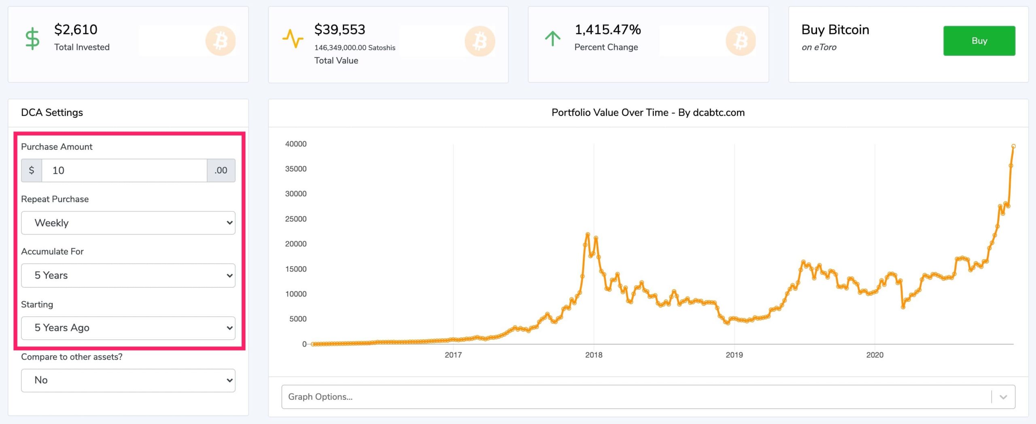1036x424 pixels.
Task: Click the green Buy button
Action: click(x=979, y=41)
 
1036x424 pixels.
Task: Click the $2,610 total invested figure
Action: click(x=76, y=30)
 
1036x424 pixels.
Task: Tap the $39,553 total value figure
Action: click(x=340, y=30)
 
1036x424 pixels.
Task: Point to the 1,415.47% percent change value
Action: click(x=607, y=30)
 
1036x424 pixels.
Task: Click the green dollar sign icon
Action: click(x=32, y=39)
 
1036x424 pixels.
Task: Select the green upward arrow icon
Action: click(x=552, y=39)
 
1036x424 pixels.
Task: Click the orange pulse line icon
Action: click(x=293, y=39)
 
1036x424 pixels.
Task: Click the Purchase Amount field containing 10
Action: click(x=124, y=170)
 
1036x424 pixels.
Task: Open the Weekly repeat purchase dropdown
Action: click(x=128, y=223)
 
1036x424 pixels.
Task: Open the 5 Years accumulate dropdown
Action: click(x=128, y=275)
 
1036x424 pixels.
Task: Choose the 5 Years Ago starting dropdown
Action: click(x=128, y=328)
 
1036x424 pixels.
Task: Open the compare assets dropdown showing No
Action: click(x=128, y=380)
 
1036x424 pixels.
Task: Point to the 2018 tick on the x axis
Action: click(x=594, y=355)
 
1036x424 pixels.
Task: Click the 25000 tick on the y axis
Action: click(x=296, y=219)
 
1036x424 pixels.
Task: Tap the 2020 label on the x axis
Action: click(x=875, y=355)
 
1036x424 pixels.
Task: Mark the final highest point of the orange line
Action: click(x=1013, y=146)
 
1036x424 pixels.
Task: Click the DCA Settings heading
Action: click(x=52, y=113)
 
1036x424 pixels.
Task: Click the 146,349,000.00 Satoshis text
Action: click(x=355, y=48)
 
